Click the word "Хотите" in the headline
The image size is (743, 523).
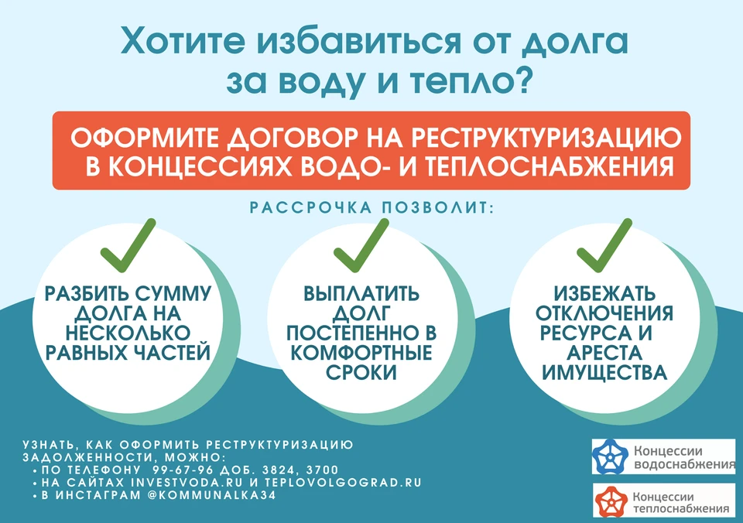[183, 41]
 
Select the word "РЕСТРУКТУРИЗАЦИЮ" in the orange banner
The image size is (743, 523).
[546, 138]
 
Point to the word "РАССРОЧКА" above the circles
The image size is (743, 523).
[310, 208]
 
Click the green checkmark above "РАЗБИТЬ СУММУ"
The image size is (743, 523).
[128, 245]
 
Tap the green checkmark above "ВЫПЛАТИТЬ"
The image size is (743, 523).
[361, 245]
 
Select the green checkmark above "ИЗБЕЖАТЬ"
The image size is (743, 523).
[604, 245]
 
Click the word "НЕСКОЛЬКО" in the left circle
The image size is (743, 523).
[128, 333]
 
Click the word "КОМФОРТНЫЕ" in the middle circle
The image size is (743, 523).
[361, 353]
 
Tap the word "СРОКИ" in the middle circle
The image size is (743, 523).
[361, 373]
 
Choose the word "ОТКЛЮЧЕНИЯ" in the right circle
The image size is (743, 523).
[604, 313]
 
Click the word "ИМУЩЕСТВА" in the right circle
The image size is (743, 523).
[604, 373]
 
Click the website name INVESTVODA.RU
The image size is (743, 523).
[187, 483]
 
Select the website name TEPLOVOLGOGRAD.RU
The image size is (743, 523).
[343, 483]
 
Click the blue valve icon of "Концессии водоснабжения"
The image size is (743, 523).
[611, 456]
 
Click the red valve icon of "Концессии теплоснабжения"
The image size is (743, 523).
[611, 501]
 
